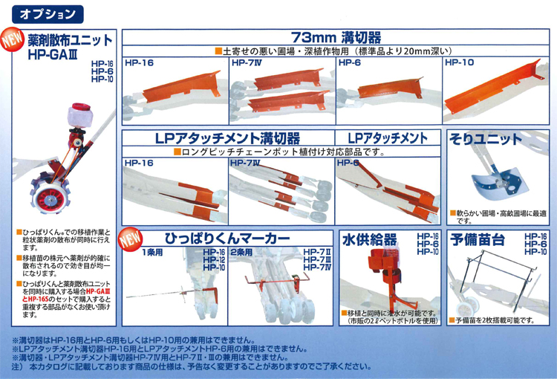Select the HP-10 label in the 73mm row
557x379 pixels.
pos(460,63)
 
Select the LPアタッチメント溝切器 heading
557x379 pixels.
pos(228,138)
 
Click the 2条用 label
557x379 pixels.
pos(242,252)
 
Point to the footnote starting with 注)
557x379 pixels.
pos(223,367)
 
